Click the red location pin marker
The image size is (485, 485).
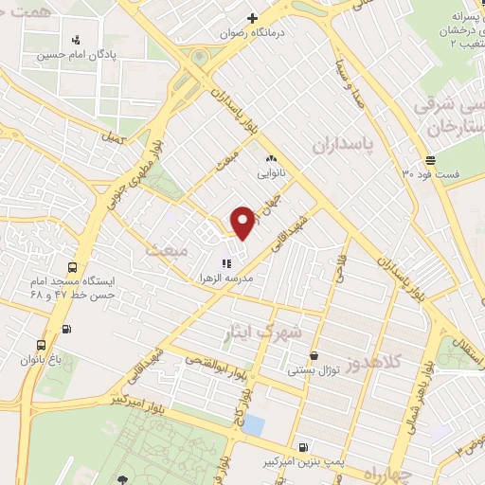point(242,222)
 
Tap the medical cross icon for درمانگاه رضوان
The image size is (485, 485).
point(252,18)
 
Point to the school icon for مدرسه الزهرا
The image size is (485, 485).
point(225,263)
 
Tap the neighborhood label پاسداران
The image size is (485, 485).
point(342,143)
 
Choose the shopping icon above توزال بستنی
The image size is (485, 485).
point(314,356)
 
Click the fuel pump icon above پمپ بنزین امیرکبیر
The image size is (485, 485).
point(302,447)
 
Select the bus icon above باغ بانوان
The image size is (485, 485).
point(41,346)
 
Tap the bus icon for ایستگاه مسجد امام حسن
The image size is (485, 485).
point(72,267)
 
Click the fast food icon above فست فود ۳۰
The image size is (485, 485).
point(431,159)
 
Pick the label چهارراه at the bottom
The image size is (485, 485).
point(389,469)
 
